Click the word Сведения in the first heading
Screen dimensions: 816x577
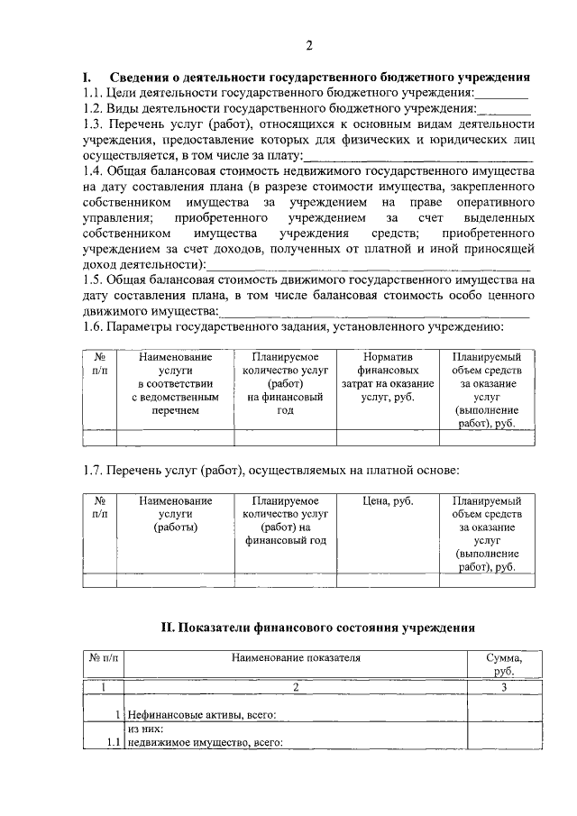pos(145,77)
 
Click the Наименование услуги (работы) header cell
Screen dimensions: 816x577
pos(175,514)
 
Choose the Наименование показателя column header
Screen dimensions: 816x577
pos(295,658)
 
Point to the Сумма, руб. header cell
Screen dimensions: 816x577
pos(503,665)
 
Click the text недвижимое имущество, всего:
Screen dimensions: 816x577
pos(205,743)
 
